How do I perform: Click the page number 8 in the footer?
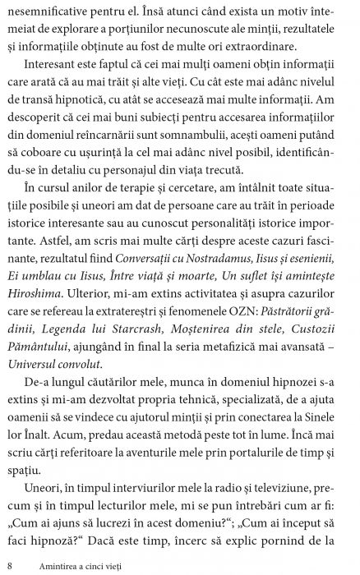(8, 565)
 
